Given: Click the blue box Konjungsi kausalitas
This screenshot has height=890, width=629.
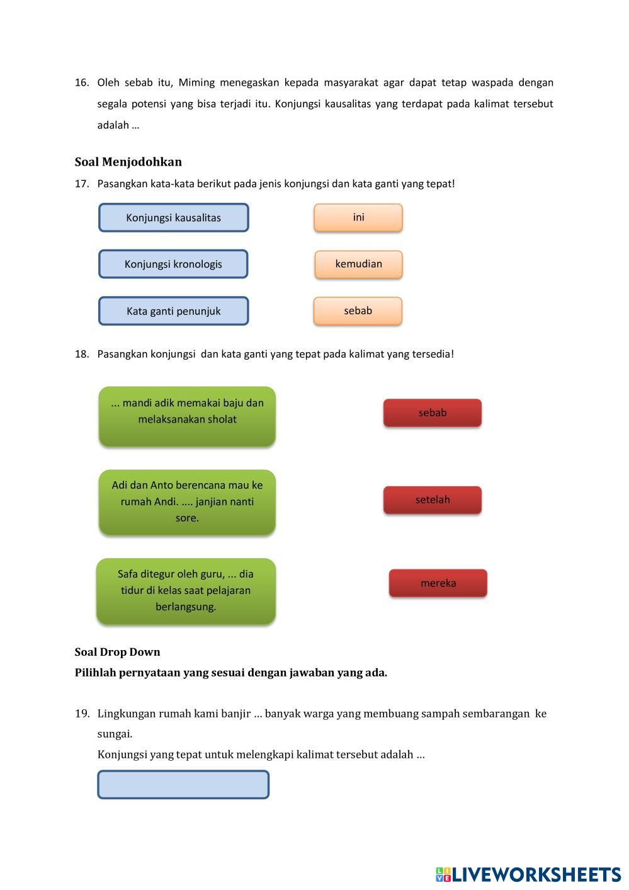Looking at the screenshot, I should click(173, 218).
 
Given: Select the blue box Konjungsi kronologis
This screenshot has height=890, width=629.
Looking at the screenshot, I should click(173, 264).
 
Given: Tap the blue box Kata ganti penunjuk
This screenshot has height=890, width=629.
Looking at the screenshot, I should click(173, 311).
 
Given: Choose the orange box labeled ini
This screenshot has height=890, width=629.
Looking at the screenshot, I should click(358, 217).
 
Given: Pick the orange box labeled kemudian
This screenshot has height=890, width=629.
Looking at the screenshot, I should click(358, 264).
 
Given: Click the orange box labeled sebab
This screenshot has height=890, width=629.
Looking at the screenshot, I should click(358, 311).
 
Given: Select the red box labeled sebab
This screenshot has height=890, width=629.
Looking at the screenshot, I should click(433, 413).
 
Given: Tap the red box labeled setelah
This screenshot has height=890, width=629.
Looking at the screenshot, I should click(433, 500).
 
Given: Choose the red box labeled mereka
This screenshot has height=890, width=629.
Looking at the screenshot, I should click(438, 583).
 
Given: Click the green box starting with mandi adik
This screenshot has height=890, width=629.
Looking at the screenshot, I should click(187, 416).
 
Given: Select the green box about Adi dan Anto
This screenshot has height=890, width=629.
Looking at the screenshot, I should click(187, 502).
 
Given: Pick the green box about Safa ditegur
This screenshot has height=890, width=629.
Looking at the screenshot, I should click(186, 591).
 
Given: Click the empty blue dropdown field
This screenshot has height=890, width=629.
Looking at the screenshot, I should click(183, 785).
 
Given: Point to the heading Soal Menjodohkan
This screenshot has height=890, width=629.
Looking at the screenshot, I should click(128, 162).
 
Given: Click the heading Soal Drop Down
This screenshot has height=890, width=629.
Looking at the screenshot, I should click(118, 652).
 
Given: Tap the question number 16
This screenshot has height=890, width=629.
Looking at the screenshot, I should click(82, 83).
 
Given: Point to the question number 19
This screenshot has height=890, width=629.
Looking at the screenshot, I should click(82, 714).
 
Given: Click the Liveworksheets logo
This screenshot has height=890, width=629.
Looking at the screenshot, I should click(528, 874).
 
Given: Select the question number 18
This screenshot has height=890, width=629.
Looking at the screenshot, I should click(82, 354).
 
